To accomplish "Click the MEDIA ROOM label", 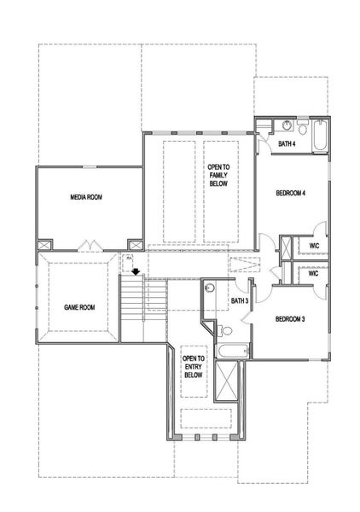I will point(86,197).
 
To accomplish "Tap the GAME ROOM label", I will point(79,306).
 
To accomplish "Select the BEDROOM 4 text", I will point(290,194).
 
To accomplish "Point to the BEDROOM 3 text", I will point(289,319).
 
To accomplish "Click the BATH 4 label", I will point(287,144).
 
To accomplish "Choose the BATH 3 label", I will point(240,300).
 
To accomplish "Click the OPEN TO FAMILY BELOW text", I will point(218,176).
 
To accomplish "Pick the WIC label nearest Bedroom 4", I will point(313,247).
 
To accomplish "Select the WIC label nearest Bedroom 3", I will point(313,274).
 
